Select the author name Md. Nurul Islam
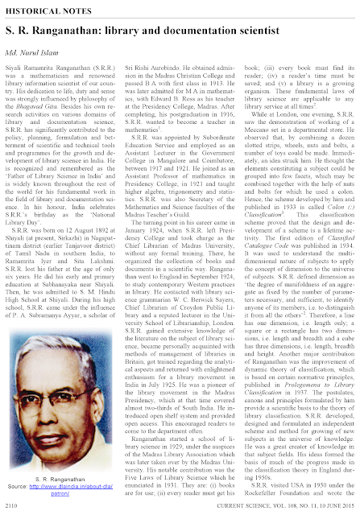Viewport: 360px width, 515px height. click(x=37, y=47)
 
